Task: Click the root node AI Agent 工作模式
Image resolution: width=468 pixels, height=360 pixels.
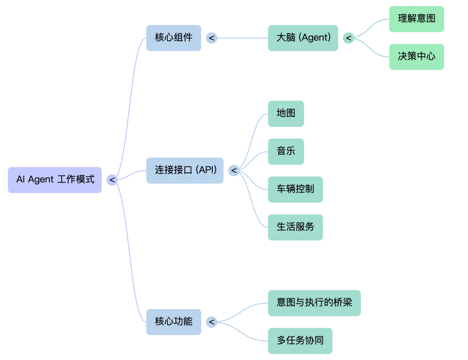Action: click(55, 180)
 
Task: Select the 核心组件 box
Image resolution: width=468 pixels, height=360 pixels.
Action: click(174, 38)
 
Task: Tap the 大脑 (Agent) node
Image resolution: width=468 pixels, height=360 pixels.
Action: click(303, 38)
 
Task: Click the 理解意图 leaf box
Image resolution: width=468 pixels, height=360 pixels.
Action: click(417, 19)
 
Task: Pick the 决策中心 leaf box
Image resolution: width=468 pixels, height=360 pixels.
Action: click(417, 56)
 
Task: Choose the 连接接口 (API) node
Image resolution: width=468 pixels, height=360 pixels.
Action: click(185, 170)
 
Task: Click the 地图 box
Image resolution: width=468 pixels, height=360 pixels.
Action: click(286, 114)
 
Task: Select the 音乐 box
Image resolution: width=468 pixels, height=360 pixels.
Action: click(286, 152)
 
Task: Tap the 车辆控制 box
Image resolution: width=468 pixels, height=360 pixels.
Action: click(296, 189)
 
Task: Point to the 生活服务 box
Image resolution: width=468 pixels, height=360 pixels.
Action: click(296, 227)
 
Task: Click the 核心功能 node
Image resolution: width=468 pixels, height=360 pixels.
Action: click(174, 322)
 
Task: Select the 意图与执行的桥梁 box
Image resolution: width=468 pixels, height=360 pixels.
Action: click(314, 302)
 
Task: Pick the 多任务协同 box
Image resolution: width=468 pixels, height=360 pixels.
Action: click(300, 341)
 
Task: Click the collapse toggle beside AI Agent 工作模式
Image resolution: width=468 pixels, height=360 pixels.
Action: click(112, 180)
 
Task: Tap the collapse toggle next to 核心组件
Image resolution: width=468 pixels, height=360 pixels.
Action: click(211, 38)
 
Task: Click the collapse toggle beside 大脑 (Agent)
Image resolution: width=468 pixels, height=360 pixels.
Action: click(348, 38)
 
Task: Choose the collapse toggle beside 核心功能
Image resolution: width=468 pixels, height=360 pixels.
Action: click(211, 322)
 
